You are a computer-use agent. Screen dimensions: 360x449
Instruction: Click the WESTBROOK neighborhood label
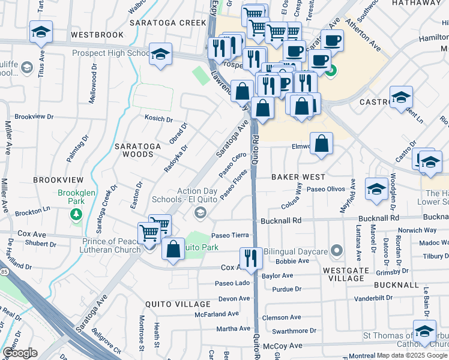(x=97, y=35)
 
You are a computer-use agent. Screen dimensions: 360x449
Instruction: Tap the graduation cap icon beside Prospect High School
(x=160, y=55)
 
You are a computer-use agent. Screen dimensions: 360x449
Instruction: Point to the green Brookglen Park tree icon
(x=76, y=214)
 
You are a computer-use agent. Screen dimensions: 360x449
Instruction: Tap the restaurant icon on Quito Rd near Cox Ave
(x=251, y=258)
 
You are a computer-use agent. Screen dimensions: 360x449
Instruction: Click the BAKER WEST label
(x=298, y=177)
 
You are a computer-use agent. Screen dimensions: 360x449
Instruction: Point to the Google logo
(x=20, y=353)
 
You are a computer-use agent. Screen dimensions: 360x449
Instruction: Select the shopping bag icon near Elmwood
(x=322, y=144)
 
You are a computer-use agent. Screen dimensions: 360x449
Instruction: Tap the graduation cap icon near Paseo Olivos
(x=376, y=188)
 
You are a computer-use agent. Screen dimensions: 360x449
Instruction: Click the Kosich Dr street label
(x=158, y=119)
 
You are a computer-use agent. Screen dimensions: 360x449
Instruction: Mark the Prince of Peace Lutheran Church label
(x=106, y=246)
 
